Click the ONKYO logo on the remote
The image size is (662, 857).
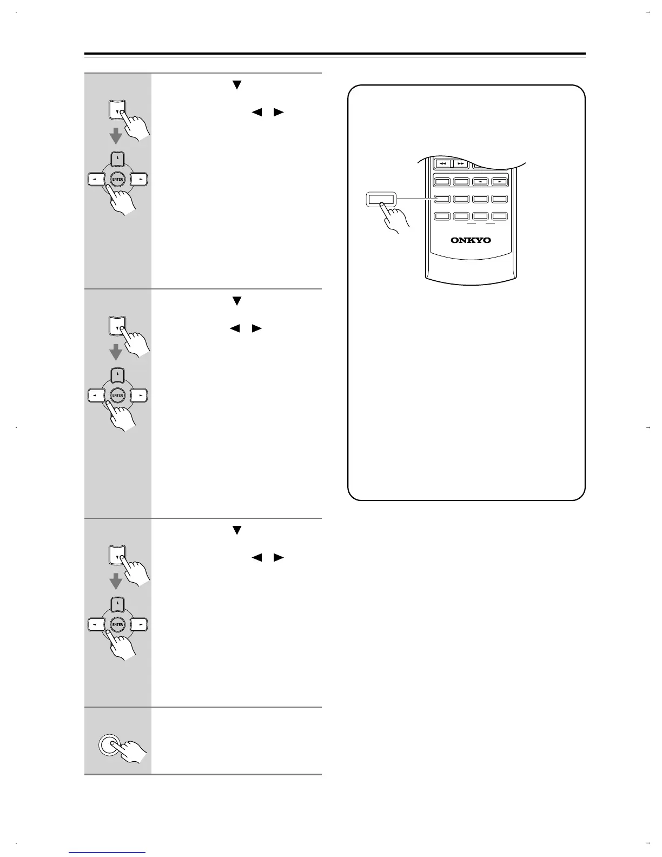pos(471,240)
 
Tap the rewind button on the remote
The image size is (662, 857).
pos(443,163)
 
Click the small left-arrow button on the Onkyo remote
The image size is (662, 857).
pos(480,182)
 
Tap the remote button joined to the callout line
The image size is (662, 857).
pos(442,199)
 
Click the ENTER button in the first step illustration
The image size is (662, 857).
pos(118,179)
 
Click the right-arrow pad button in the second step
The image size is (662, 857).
pos(140,395)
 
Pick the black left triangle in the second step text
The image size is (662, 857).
pos(235,328)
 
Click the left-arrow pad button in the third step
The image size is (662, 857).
pos(96,624)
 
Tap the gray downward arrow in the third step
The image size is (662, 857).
pos(116,581)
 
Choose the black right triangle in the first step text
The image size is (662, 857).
pos(279,113)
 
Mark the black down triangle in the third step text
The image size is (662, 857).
pos(236,531)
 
